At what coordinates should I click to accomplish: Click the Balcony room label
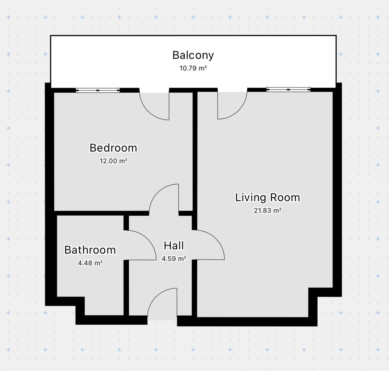tap(193, 55)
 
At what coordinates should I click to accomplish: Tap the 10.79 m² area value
tap(193, 68)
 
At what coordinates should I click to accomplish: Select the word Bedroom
tap(113, 148)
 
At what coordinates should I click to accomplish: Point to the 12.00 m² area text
tap(113, 161)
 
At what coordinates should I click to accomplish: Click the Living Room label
tap(267, 198)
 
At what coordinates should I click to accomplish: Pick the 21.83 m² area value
tap(267, 210)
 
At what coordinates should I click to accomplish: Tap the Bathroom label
tap(90, 250)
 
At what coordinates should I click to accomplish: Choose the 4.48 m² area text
tap(90, 263)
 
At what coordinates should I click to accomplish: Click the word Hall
tap(174, 246)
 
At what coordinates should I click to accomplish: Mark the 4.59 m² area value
tap(174, 259)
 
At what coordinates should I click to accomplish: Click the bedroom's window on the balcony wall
tap(98, 90)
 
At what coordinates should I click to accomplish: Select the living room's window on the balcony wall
tap(288, 89)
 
